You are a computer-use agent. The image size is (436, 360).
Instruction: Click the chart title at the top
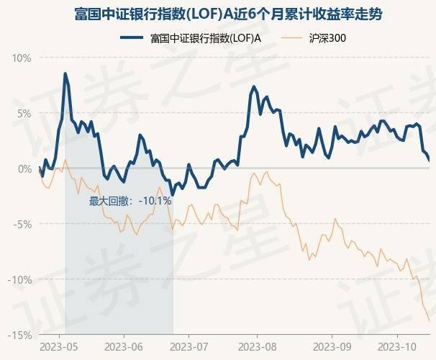(218, 14)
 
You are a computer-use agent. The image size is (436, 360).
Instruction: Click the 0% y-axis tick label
(25, 168)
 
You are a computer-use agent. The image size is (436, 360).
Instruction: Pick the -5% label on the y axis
(24, 224)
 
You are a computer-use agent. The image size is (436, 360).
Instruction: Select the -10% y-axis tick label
(22, 279)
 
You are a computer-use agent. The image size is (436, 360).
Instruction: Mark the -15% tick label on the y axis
(22, 335)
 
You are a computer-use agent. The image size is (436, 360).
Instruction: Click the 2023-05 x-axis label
(60, 346)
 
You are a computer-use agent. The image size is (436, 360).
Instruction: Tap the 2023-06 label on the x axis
(124, 346)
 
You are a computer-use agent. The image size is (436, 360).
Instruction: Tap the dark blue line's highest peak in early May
(65, 73)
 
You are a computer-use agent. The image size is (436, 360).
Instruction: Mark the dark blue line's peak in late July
(254, 87)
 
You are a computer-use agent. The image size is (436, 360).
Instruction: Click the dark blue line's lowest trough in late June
(173, 195)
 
